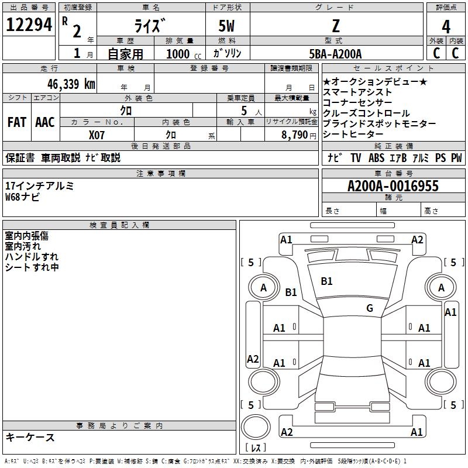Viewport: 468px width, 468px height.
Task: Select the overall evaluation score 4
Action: pyautogui.click(x=446, y=27)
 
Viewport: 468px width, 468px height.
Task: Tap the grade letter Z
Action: pyautogui.click(x=335, y=27)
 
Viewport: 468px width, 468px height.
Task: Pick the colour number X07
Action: pyautogui.click(x=97, y=135)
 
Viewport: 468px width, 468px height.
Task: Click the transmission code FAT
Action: pyautogui.click(x=17, y=122)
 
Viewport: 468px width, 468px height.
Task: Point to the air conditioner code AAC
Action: pyautogui.click(x=45, y=122)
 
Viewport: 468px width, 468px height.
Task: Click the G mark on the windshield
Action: pyautogui.click(x=369, y=308)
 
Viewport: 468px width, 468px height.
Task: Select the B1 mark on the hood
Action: pyautogui.click(x=326, y=281)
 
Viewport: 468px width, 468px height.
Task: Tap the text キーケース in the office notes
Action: pyautogui.click(x=30, y=437)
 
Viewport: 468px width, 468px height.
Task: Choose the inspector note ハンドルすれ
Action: pyautogui.click(x=32, y=257)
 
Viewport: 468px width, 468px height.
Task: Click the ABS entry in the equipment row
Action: pyautogui.click(x=376, y=158)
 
